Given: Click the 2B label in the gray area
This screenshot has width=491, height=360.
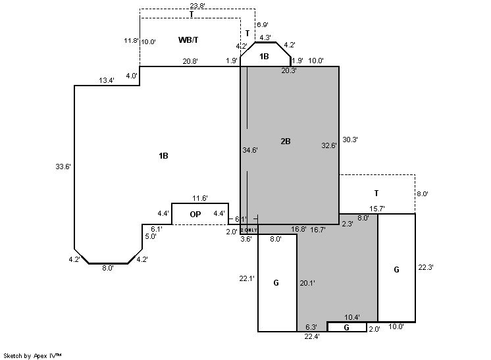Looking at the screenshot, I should pos(285,141).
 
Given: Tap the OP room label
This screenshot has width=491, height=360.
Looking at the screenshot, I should pos(195,215).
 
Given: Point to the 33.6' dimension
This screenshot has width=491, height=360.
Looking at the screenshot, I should pos(63,167).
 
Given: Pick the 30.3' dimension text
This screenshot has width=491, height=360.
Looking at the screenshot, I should pos(349,140).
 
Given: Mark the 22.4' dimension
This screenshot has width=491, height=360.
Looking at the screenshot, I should pos(312,337).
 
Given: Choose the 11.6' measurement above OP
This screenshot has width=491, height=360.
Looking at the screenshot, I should pos(200,198).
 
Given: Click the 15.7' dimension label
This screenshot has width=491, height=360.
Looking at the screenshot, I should pos(377,209).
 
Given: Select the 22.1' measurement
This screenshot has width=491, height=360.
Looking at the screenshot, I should pos(247,279).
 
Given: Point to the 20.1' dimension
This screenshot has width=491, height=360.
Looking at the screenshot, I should pos(307,282).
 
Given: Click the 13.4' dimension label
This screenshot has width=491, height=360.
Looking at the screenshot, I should pos(107,80).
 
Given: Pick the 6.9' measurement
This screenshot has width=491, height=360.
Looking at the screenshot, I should pos(262,24).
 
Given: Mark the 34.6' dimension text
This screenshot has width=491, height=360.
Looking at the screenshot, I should pos(250,150).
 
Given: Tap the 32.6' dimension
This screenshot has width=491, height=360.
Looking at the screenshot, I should pos(328,145).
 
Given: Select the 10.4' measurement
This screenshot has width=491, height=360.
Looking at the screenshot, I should pos(353,318).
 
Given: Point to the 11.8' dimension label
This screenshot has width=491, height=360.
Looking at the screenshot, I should pos(131,41).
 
